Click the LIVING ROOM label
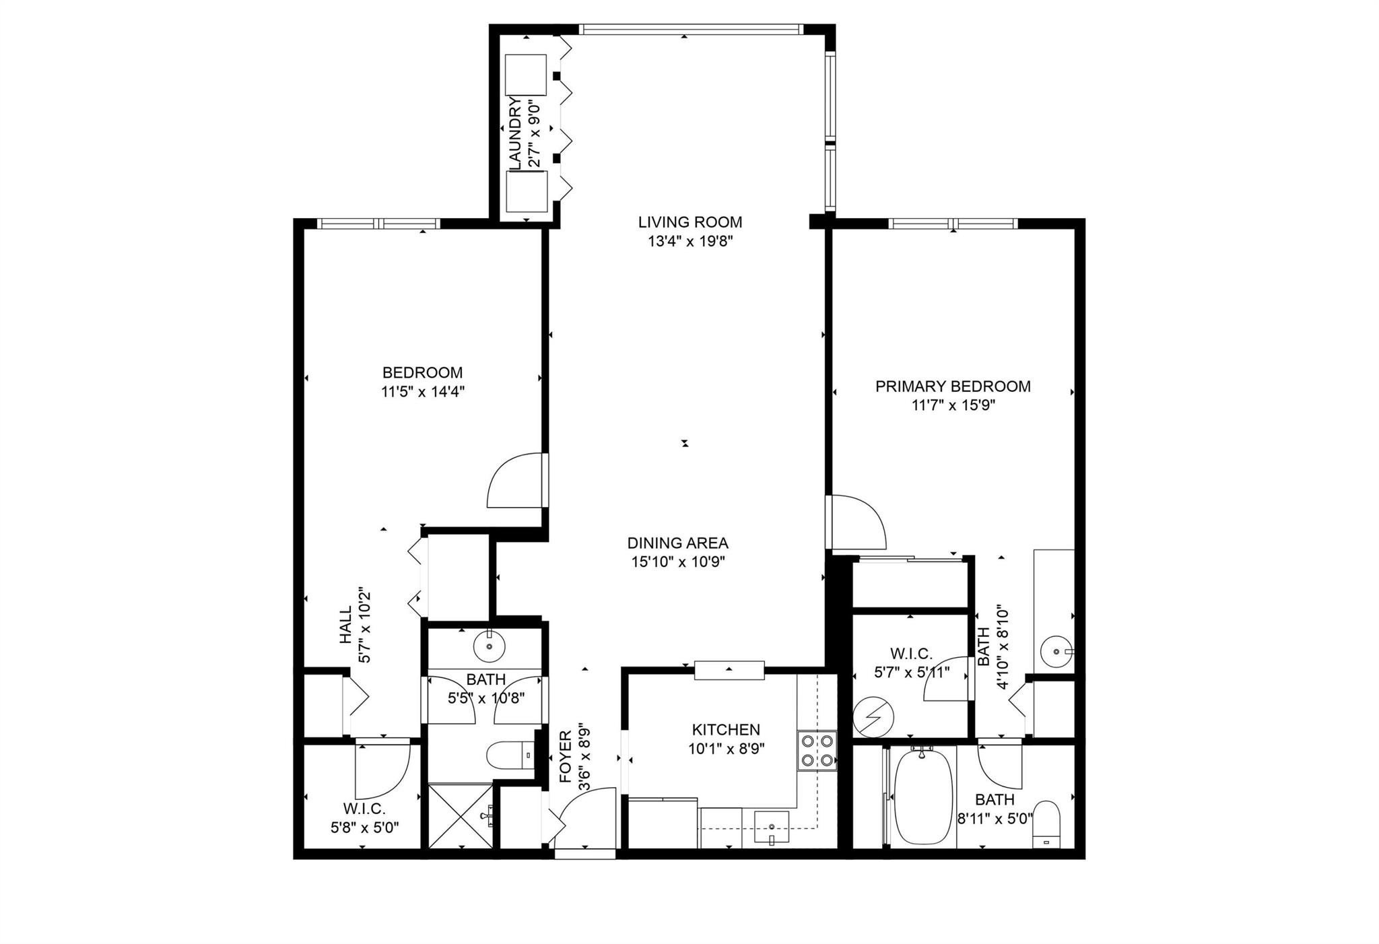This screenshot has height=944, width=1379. point(689,222)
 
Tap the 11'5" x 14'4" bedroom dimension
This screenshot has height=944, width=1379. point(423,392)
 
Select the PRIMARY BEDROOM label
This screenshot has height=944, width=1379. point(952,386)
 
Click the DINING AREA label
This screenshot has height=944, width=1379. point(677,543)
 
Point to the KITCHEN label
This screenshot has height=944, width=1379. point(726,730)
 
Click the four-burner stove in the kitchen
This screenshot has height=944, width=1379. point(816,751)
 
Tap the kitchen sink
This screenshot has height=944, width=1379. point(772,827)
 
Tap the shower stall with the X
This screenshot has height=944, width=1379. point(461,815)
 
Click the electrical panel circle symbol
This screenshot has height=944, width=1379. point(872,718)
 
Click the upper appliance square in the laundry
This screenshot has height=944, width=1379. point(526,75)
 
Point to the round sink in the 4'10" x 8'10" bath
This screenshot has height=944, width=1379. point(1056,652)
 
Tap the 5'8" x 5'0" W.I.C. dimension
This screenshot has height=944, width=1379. point(364,827)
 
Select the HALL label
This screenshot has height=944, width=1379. point(345,625)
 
